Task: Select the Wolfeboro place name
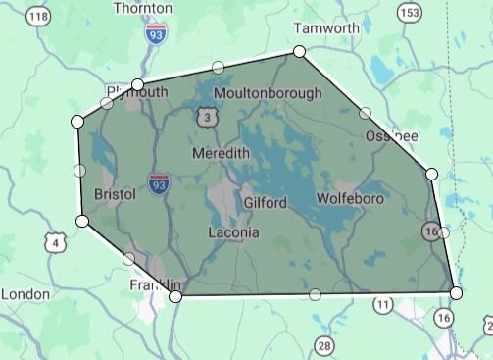point(350,199)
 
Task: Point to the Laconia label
point(234,232)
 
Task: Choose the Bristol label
point(116,195)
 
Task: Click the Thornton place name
point(143,8)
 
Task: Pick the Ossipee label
point(392,135)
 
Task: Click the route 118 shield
point(40,17)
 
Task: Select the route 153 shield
point(410,11)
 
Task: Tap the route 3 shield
point(207,118)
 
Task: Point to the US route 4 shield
point(56,242)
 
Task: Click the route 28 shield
point(324,344)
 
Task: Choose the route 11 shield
point(382,306)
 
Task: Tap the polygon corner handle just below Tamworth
point(299,51)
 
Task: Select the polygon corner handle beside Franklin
point(175,295)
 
